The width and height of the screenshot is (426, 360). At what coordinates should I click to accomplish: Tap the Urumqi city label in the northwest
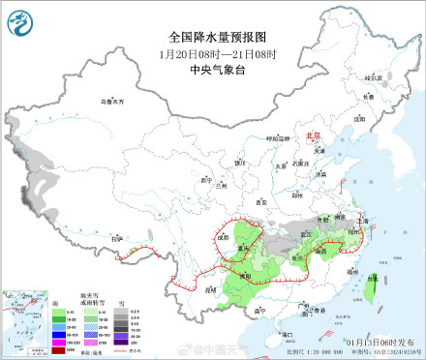click(114, 101)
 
